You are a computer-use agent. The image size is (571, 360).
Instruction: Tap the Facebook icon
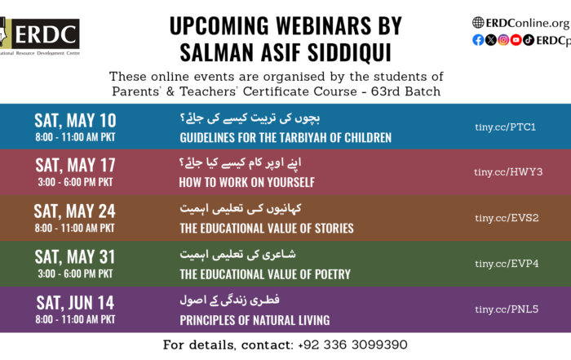coord(478,40)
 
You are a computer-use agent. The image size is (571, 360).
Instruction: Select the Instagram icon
coord(503,40)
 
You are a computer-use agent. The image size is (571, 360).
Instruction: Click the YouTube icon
coord(516,40)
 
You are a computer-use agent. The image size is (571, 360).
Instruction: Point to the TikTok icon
coord(529,40)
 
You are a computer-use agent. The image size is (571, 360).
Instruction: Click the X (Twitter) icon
coord(491,40)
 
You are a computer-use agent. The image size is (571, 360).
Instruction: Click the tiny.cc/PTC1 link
coord(506,127)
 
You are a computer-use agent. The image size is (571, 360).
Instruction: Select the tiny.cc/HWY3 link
coord(508,172)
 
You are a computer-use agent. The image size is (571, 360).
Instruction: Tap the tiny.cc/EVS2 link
coord(507,218)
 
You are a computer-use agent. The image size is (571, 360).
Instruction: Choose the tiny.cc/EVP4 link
coord(507,264)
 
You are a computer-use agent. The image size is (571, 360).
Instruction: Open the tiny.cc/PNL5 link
coord(507,309)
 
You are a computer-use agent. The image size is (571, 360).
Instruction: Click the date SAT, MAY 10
coord(75,121)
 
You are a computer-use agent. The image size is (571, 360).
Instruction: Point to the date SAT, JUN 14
coord(75,303)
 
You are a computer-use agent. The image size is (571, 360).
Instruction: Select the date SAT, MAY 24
coord(75,211)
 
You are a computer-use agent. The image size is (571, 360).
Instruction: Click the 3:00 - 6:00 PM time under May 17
coord(75,182)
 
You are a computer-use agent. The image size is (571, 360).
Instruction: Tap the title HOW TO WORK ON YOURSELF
coord(247,182)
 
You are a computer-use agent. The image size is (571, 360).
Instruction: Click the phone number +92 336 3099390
coord(352,344)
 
